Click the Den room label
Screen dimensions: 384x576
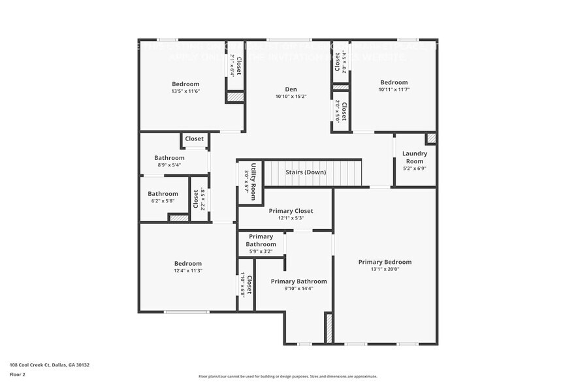(x=291, y=89)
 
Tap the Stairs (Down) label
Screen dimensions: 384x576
(x=306, y=172)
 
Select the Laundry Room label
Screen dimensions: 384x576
(x=415, y=157)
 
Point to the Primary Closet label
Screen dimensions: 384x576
(x=291, y=211)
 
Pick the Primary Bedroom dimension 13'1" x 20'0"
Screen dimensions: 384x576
(x=385, y=270)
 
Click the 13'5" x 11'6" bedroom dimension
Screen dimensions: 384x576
(x=185, y=91)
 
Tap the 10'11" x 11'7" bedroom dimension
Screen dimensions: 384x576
(x=394, y=90)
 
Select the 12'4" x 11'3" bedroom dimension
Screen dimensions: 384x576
(x=187, y=270)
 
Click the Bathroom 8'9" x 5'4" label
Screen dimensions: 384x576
(x=169, y=158)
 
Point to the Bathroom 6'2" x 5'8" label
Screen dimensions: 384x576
(x=163, y=194)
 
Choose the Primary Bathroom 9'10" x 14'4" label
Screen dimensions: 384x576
(x=298, y=281)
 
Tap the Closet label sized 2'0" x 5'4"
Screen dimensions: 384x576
(x=337, y=63)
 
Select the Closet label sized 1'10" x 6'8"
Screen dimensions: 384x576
(x=249, y=284)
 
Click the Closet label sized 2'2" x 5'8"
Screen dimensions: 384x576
(x=195, y=199)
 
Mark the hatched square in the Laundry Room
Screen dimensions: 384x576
(x=430, y=138)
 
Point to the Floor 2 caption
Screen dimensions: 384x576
(x=18, y=374)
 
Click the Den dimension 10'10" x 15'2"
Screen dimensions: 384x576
(x=291, y=97)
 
